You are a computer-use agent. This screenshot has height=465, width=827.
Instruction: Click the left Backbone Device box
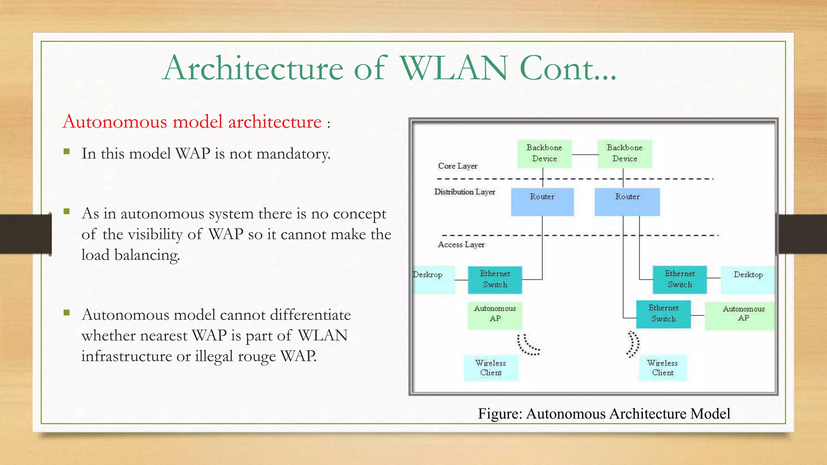tap(544, 154)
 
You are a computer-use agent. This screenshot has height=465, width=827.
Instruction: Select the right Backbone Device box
tap(624, 154)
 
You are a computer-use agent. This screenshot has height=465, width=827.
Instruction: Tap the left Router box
tap(542, 201)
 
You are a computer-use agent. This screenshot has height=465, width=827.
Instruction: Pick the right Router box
tap(627, 201)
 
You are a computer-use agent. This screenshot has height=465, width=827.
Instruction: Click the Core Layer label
tap(458, 166)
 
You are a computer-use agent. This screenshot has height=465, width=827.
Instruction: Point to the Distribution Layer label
tap(464, 192)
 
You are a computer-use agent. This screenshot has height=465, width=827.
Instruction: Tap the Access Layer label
tap(461, 245)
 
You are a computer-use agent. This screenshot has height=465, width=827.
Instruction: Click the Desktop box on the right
tap(747, 279)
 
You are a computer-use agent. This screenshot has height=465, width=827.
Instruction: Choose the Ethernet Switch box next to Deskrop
tap(495, 279)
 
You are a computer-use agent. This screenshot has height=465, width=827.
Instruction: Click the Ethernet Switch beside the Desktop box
tap(680, 279)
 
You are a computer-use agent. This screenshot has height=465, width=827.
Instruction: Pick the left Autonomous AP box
tap(495, 315)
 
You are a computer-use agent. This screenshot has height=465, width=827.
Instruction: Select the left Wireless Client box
tap(491, 368)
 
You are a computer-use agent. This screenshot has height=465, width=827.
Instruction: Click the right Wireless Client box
tap(662, 368)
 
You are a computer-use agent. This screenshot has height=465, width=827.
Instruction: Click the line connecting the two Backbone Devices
tap(584, 155)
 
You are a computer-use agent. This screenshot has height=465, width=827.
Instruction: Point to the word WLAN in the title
tap(453, 69)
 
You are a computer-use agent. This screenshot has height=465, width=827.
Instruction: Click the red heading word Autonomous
tap(115, 122)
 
